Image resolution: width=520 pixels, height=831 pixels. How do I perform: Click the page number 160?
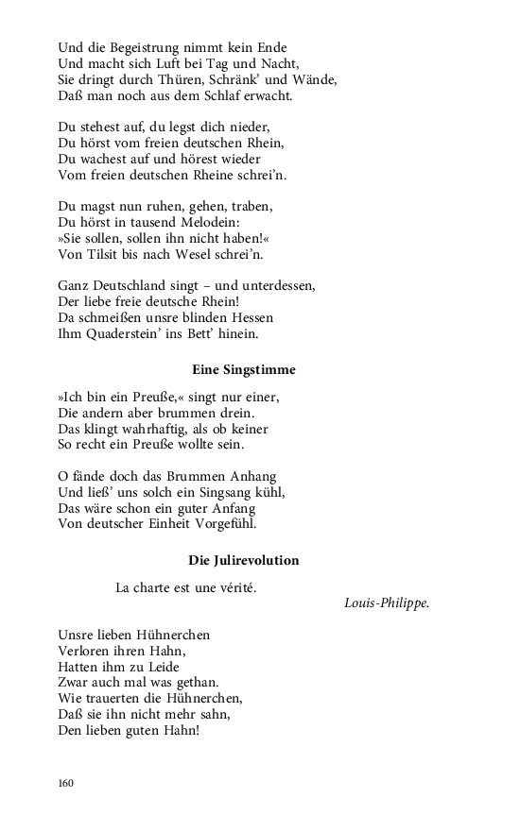[65, 783]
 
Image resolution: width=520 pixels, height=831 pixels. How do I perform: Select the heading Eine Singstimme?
[243, 369]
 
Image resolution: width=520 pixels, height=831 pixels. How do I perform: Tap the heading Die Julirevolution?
[243, 560]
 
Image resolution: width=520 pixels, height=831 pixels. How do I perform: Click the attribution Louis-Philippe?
[387, 602]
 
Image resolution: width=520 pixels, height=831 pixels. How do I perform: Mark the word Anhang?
[250, 476]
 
